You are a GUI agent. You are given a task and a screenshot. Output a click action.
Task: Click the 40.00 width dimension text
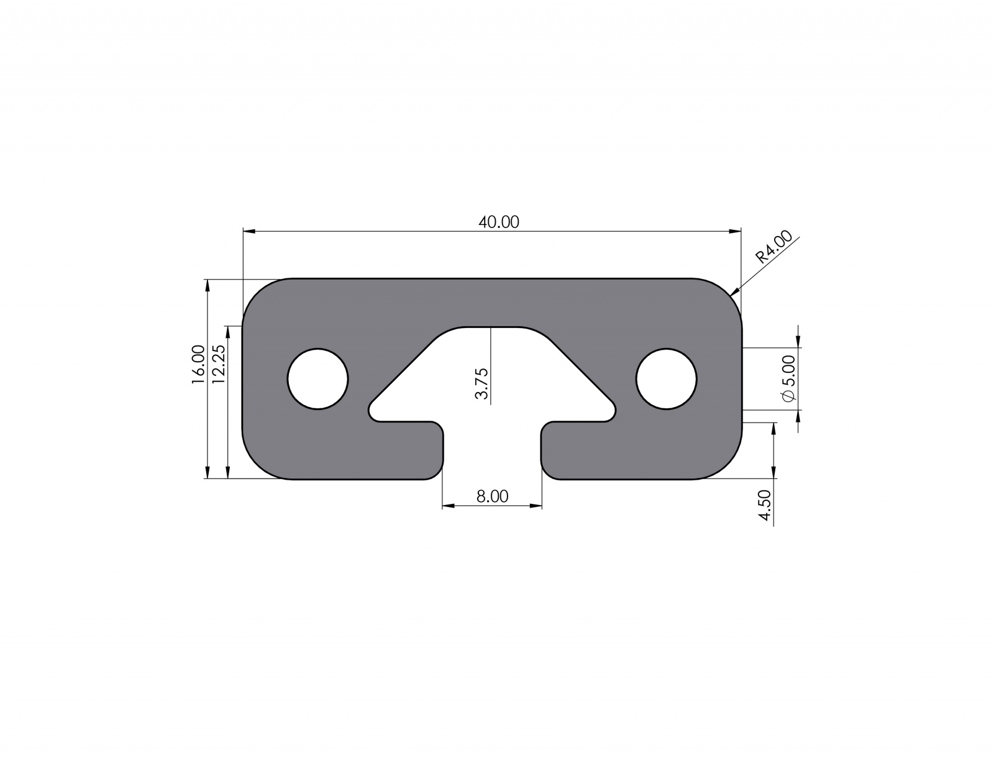point(498,222)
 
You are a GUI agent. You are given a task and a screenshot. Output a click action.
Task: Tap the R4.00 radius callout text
point(773,247)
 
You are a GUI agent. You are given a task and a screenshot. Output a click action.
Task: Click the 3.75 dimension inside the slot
point(482,383)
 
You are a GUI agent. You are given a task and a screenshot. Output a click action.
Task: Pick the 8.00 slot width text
point(492,496)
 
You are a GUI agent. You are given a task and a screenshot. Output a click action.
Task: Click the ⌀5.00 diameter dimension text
point(788,378)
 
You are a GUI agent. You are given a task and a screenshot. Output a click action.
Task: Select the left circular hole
point(317,378)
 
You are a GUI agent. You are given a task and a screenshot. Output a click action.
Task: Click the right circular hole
point(666,378)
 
